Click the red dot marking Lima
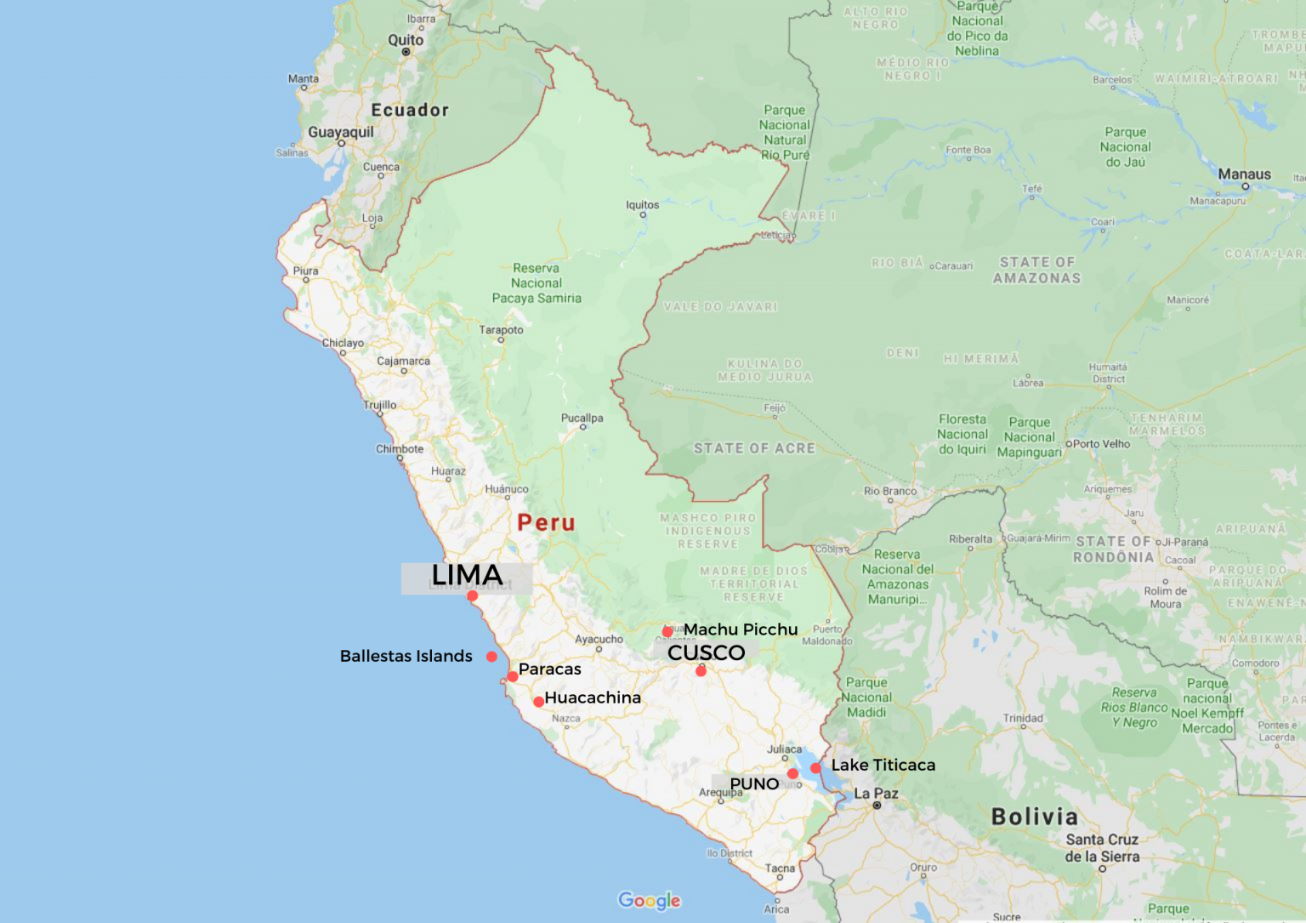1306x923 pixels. coord(473,595)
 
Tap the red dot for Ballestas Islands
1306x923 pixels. coord(491,656)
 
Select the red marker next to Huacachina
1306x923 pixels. coord(538,702)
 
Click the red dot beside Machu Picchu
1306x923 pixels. coord(667,631)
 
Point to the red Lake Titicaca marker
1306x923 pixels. coord(815,767)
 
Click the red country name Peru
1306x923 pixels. coord(546,522)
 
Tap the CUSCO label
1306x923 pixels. coord(706,652)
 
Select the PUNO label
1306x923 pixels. coord(754,783)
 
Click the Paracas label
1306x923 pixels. coord(550,669)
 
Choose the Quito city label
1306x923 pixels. coord(406,40)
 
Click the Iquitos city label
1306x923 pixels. coord(642,205)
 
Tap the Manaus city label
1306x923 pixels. coord(1244,174)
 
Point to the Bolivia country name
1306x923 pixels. coord(1035,817)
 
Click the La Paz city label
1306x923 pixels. coord(876,793)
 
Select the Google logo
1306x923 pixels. coord(650,900)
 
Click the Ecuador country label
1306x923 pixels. coord(410,110)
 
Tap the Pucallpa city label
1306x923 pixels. coord(582,418)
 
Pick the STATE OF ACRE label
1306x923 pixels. coord(754,448)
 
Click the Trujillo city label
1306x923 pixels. coord(380,405)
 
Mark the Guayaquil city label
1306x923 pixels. coord(340,132)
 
